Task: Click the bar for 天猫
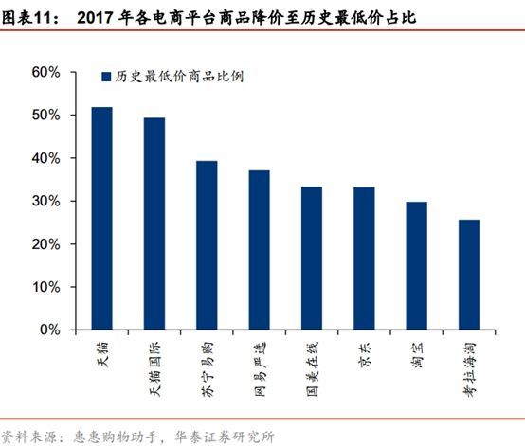pyautogui.click(x=101, y=219)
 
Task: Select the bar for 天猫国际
pyautogui.click(x=154, y=224)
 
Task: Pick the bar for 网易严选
pyautogui.click(x=260, y=251)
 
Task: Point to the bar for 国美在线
pyautogui.click(x=312, y=259)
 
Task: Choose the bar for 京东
pyautogui.click(x=364, y=259)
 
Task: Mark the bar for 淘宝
pyautogui.click(x=416, y=266)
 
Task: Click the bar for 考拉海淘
pyautogui.click(x=468, y=276)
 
